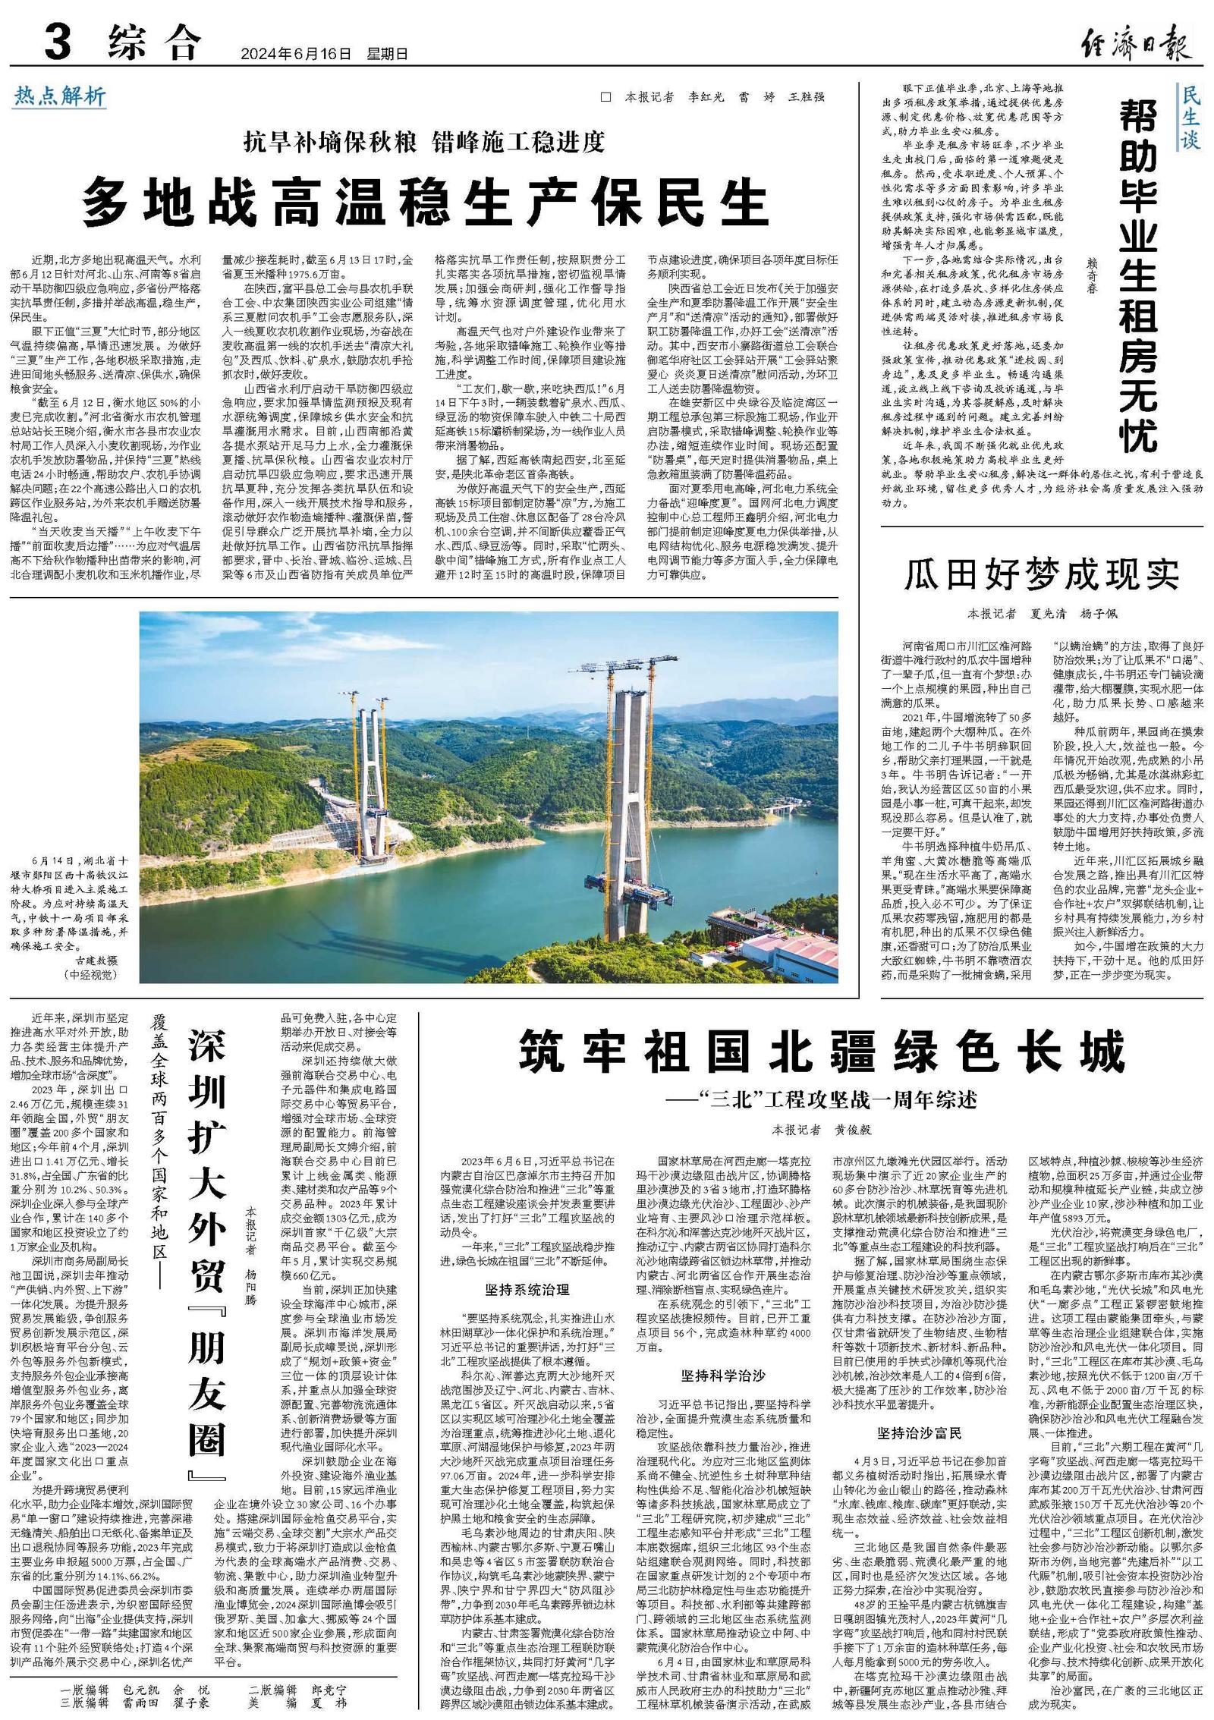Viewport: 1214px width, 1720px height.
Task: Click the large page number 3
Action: (x=58, y=42)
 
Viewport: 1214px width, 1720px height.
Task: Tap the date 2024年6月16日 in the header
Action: (x=297, y=54)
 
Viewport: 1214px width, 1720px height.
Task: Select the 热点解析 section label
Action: (x=60, y=96)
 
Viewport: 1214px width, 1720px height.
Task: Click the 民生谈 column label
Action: (x=1190, y=117)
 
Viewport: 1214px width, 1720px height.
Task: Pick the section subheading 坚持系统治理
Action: (x=527, y=1289)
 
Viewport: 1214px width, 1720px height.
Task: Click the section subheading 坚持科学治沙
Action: (x=723, y=1375)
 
